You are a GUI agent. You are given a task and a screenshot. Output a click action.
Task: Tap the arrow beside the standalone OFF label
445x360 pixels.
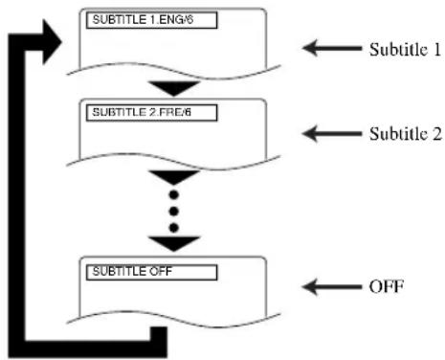tap(325, 285)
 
